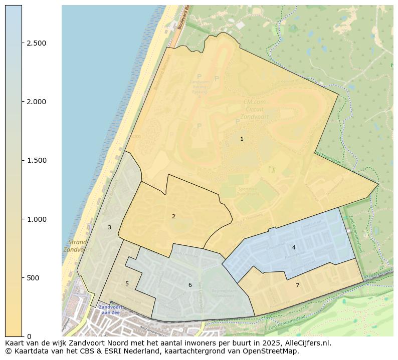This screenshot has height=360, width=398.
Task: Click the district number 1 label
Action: point(242,139)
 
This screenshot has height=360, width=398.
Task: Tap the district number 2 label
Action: point(173,216)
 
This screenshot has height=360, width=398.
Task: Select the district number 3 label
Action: point(109,227)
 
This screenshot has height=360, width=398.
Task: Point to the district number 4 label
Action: point(294,247)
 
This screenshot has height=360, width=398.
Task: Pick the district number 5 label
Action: point(127,283)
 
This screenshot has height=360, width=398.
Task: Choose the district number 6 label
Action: point(190,285)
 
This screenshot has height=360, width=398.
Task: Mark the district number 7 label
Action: point(297,285)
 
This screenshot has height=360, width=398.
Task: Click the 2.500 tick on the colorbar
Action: point(36,43)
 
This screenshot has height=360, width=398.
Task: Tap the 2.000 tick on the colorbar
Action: point(36,102)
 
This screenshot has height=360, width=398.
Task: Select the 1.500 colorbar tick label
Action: point(36,160)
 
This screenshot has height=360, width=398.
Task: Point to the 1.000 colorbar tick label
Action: point(36,219)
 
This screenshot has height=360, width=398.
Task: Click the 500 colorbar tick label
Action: point(33,278)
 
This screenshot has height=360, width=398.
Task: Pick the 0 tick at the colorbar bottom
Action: point(29,336)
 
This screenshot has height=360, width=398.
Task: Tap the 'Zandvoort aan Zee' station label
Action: point(109,309)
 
